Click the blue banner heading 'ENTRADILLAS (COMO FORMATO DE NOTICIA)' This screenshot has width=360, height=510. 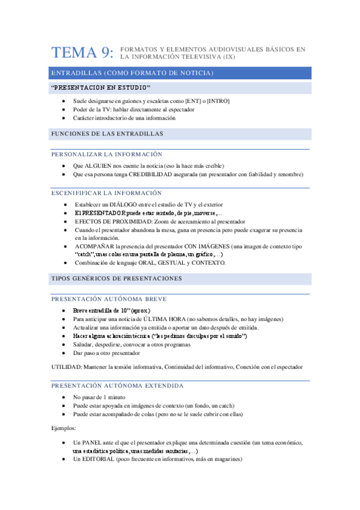(132, 73)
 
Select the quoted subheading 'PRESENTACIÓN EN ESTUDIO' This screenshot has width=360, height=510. (101, 88)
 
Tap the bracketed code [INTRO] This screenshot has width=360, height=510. (218, 101)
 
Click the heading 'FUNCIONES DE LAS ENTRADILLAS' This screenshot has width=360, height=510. (108, 133)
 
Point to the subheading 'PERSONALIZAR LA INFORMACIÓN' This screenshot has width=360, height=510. (107, 155)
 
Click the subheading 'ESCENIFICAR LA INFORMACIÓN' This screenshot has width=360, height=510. (106, 193)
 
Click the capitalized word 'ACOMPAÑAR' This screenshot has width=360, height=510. (94, 247)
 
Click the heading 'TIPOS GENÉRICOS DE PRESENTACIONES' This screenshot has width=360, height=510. (117, 279)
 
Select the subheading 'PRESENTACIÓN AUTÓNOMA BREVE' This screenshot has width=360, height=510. (109, 299)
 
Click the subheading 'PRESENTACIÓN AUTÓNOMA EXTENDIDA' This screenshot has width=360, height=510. (117, 386)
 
